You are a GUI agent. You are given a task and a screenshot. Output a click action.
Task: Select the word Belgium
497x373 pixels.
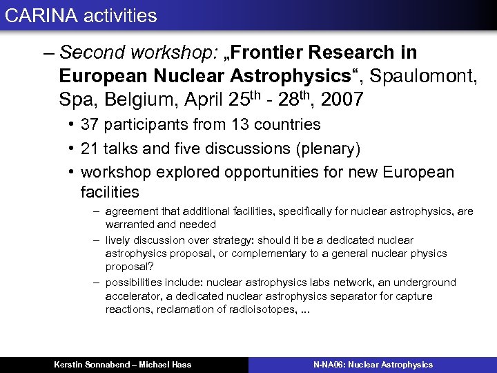coord(142,100)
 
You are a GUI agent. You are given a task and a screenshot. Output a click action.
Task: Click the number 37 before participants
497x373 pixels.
coord(90,125)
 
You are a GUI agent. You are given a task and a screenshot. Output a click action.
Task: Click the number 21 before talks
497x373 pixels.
coord(90,149)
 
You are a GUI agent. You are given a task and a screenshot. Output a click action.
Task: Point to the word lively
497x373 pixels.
coord(119,240)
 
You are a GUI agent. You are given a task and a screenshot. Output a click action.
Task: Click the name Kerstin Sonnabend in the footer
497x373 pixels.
coord(92,365)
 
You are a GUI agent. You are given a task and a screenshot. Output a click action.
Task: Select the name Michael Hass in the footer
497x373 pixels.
coord(167,365)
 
